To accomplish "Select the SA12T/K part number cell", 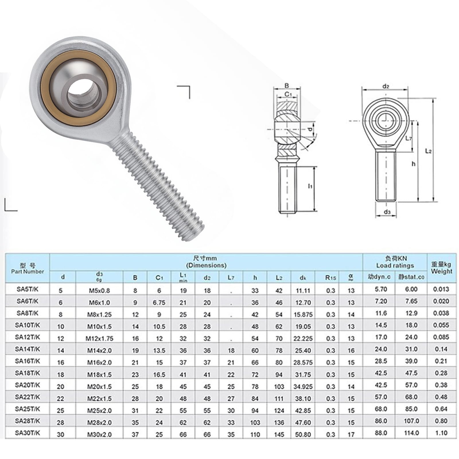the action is tap(28, 337).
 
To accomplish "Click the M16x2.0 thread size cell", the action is tap(99, 363).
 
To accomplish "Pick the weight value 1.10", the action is tap(441, 433).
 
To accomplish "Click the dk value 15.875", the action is tap(303, 314).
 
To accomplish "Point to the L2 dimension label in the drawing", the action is tap(428, 151).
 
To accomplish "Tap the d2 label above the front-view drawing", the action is tap(386, 86).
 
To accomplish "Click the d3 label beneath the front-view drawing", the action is tap(387, 212).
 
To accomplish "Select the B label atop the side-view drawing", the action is tap(286, 85).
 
